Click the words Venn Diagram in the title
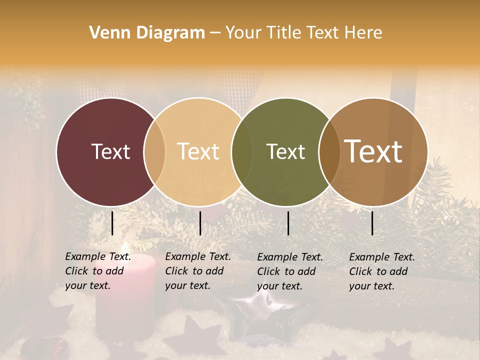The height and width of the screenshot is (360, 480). click(147, 33)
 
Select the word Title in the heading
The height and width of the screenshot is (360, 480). click(284, 33)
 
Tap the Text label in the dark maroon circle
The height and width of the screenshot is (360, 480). click(110, 151)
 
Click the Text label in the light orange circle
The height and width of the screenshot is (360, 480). click(198, 151)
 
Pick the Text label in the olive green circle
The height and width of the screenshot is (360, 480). click(285, 151)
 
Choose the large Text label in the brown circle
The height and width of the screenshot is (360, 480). click(373, 151)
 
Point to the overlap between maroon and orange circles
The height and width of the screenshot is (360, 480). click(154, 151)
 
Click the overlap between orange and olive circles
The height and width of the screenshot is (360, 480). click(242, 151)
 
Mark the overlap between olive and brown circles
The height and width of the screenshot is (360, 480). click(329, 151)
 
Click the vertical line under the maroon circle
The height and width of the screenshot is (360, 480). click(112, 223)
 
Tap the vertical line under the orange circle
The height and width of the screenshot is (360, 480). click(200, 223)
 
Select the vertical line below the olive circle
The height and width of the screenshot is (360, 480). click(288, 223)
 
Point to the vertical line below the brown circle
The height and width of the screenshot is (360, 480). click(372, 223)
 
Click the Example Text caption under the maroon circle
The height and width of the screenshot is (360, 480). click(98, 271)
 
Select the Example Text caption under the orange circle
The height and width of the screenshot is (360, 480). click(198, 271)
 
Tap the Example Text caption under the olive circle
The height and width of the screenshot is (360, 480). click(290, 271)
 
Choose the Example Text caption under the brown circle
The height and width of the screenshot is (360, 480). click(382, 271)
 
